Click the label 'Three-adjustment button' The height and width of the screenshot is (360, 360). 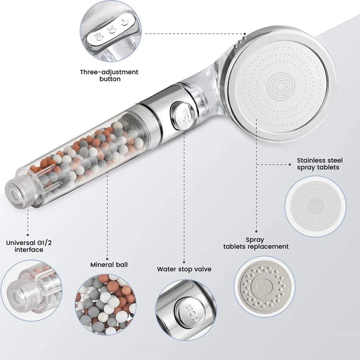tap(109, 75)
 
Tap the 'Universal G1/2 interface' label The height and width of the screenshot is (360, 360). tap(29, 246)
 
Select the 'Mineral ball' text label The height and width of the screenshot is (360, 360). tap(109, 265)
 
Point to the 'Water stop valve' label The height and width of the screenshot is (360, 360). tap(184, 269)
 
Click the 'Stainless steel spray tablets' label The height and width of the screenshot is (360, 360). tap(320, 164)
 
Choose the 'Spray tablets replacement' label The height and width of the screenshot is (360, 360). tap(256, 243)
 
